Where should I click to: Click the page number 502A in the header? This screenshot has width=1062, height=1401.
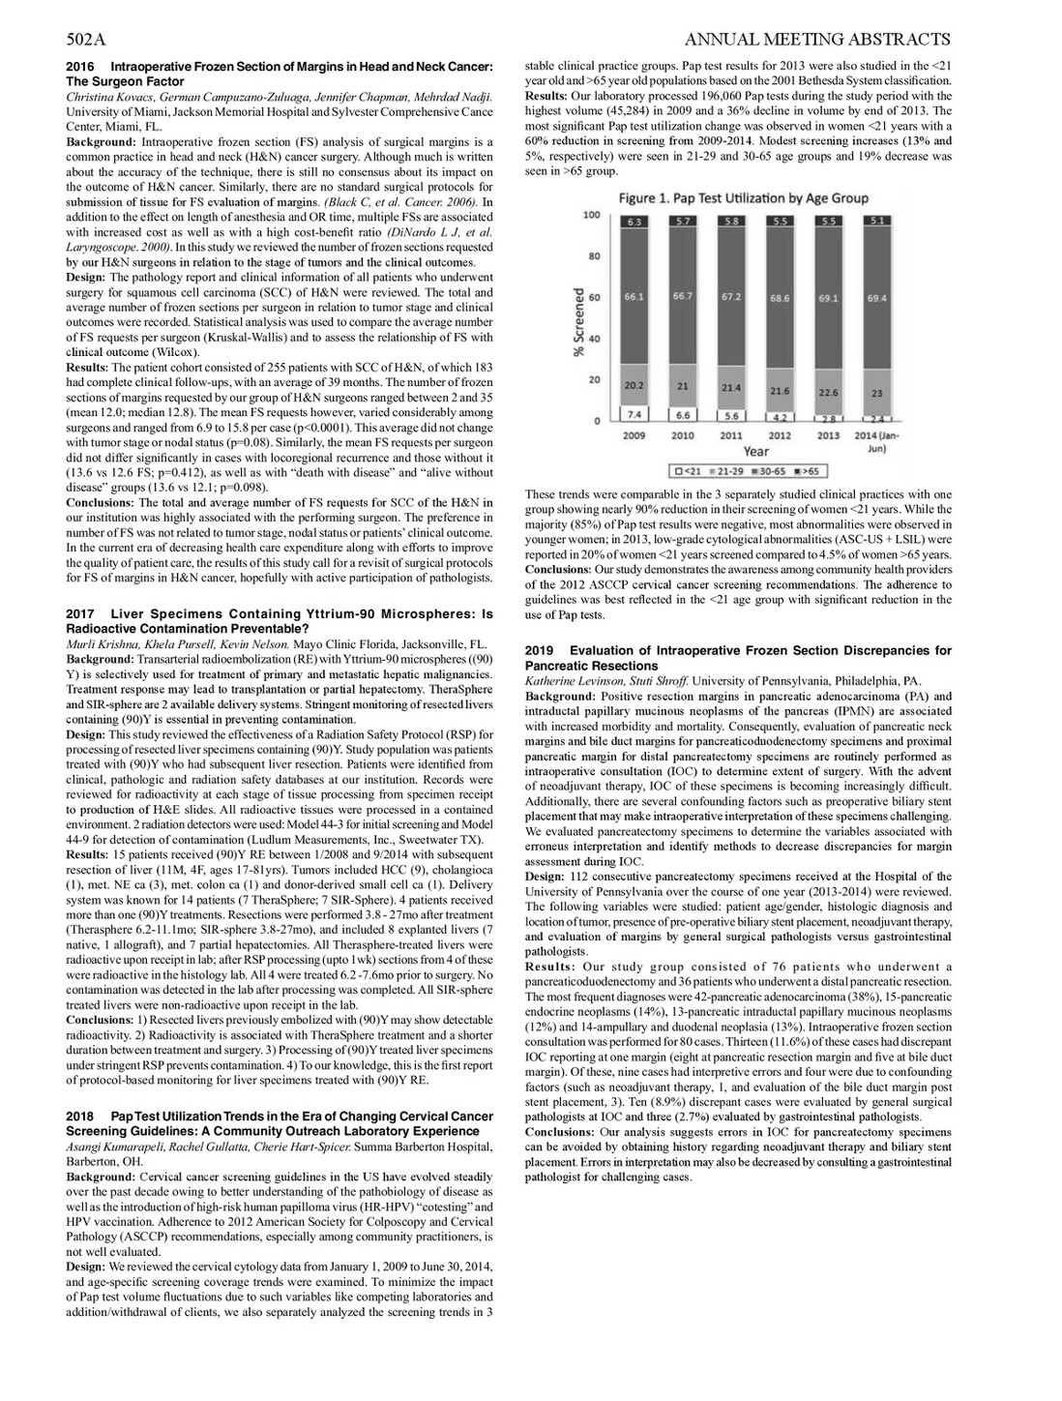pos(85,40)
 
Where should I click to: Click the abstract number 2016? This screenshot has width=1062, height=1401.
pos(80,67)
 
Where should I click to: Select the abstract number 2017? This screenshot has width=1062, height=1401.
pos(80,614)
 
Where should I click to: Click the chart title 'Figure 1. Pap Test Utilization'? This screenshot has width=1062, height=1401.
pos(743,199)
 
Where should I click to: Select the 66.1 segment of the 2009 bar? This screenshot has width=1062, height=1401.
pos(634,296)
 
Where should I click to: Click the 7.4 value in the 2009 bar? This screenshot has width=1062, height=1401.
pos(634,413)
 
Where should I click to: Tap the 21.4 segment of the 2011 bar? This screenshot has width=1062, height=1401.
pos(731,388)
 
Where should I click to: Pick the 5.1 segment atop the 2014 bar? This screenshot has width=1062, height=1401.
pos(876,222)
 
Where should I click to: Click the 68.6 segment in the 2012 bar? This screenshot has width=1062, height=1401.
pos(780,299)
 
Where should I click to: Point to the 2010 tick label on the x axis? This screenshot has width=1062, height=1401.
pos(683,435)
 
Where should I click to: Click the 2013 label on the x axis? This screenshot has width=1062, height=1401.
pos(828,435)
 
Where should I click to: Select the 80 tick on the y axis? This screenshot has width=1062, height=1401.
pos(595,256)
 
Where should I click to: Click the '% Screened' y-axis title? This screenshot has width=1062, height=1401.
pos(578,324)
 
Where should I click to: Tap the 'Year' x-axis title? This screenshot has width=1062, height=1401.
pos(755,452)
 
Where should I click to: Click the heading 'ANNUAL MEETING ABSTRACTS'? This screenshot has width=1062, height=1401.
pos(815,40)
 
